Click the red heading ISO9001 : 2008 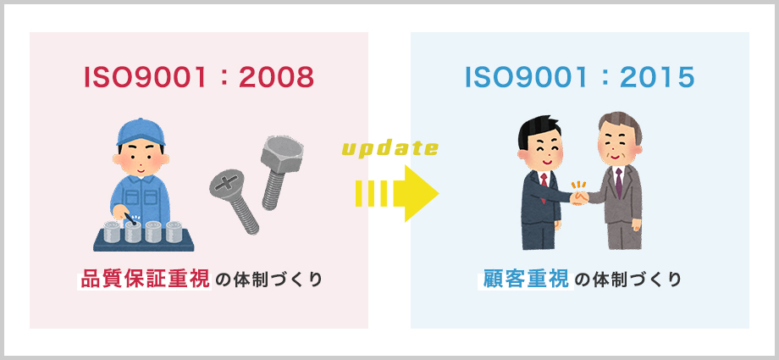tap(199, 78)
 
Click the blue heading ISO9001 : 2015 tap(580, 78)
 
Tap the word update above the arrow tap(390, 148)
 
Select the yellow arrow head tap(422, 193)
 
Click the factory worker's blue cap tap(140, 132)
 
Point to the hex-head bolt tap(279, 172)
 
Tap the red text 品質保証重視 tap(145, 280)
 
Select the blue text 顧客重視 tap(525, 280)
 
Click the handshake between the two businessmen tap(579, 198)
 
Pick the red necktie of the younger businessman tap(544, 185)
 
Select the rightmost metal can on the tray tap(174, 231)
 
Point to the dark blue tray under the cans tap(144, 245)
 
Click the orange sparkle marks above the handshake tap(578, 186)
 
